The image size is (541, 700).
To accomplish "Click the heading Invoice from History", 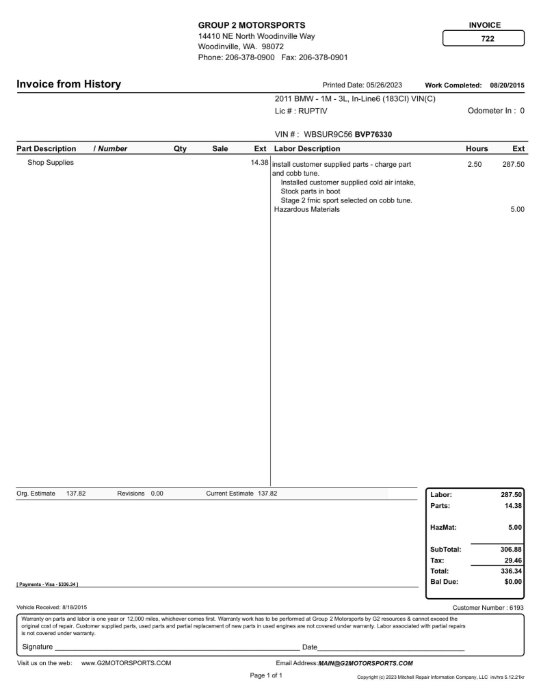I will [x=68, y=84].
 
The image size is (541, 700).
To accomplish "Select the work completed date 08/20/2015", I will [x=506, y=85].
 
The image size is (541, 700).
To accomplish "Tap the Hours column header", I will [x=477, y=148].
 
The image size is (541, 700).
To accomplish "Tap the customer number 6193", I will [x=515, y=607].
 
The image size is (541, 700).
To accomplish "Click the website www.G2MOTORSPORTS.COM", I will [x=126, y=662].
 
